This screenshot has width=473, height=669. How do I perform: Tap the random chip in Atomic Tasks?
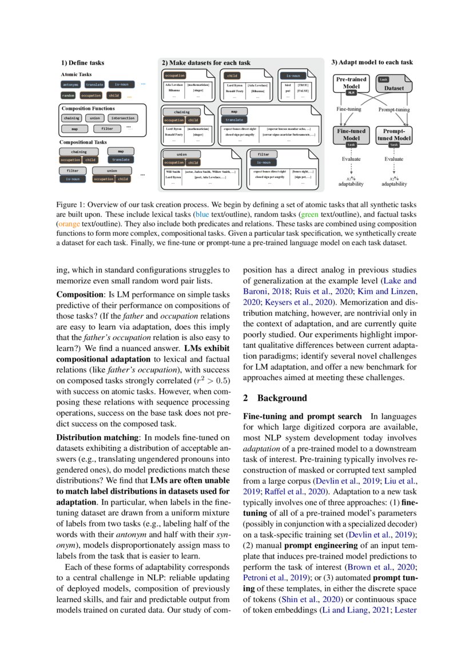[69, 96]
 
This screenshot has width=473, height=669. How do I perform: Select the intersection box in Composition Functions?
[123, 118]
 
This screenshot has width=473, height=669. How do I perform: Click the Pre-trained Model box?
[351, 84]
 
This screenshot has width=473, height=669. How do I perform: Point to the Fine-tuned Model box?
[351, 135]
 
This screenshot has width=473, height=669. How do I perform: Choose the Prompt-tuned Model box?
[393, 135]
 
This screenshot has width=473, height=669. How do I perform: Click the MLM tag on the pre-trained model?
[351, 92]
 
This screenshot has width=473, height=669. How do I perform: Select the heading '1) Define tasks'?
[82, 63]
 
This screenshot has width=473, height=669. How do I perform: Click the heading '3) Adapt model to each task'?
[372, 62]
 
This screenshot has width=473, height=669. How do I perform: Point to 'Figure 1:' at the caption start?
[71, 204]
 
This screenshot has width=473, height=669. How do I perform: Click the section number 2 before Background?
[245, 398]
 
